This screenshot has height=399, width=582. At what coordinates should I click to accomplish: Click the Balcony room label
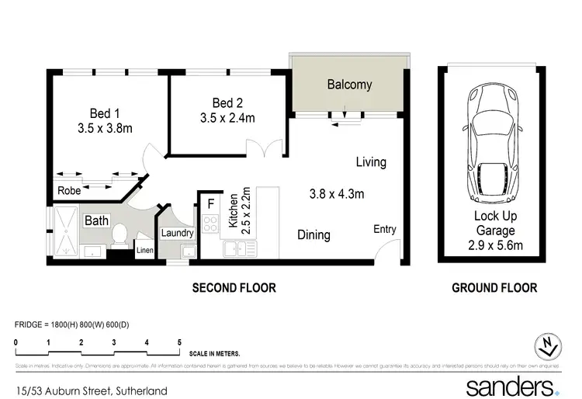coord(349,85)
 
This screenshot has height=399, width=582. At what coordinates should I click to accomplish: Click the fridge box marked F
coord(210,205)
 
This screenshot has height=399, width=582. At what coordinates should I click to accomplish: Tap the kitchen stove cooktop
coord(210,224)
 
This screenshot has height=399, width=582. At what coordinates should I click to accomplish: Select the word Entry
coord(384,229)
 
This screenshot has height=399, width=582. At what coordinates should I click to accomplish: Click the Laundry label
coord(177,232)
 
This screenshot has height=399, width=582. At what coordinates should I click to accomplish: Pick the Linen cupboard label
coord(145,250)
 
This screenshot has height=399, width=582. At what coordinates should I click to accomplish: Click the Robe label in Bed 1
coord(69,190)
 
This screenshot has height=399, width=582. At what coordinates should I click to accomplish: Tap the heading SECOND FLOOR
coord(234,288)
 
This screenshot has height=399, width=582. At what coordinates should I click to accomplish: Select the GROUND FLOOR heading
coord(494,288)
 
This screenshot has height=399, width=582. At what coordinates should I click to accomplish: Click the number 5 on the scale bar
coord(179,342)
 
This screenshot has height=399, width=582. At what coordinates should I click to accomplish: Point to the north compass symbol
coord(549,347)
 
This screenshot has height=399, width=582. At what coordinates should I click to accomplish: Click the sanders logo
coord(511,385)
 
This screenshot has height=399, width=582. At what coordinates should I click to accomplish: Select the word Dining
coord(314,234)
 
